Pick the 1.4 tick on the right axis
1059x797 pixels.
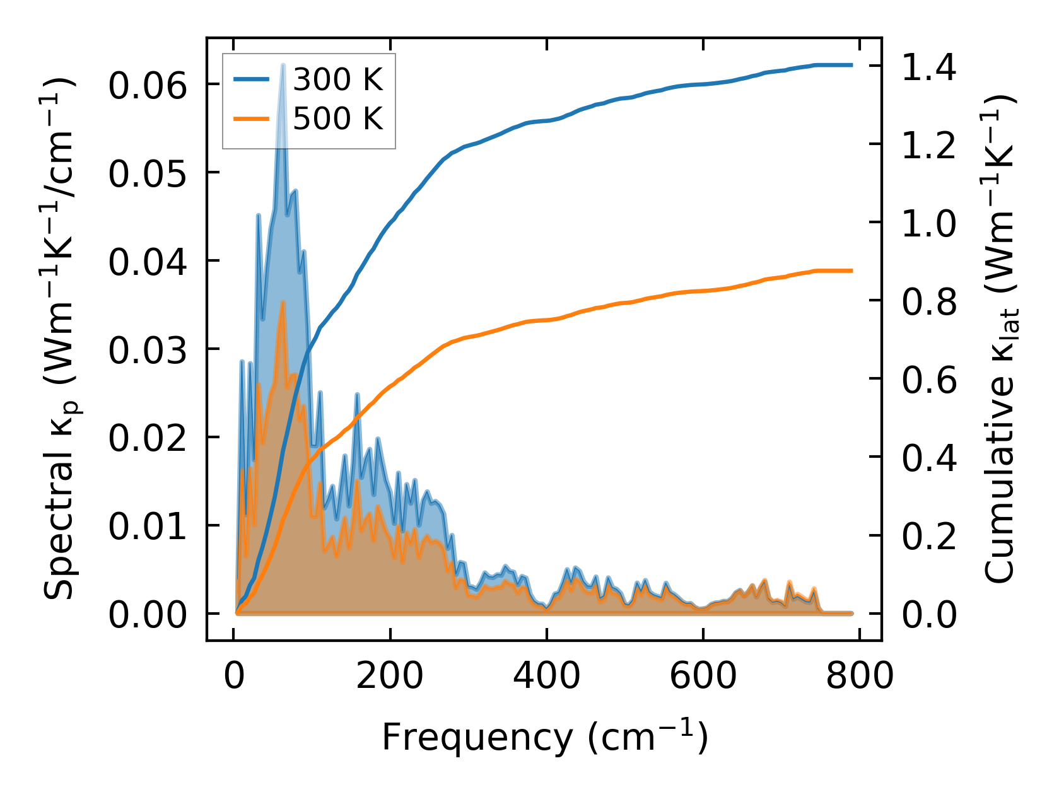(x=928, y=66)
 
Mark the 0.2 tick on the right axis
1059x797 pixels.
(x=928, y=536)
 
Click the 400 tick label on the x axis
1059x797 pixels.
(x=546, y=677)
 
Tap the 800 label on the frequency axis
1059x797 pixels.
(x=859, y=677)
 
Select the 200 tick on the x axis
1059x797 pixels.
(x=390, y=677)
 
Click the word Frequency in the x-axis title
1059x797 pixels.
(x=476, y=737)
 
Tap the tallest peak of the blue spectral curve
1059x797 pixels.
(x=283, y=64)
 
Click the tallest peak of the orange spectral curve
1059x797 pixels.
(x=283, y=302)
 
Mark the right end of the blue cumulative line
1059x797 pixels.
(x=851, y=65)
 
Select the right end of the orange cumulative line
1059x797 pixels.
(x=851, y=271)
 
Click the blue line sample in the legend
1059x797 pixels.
(x=252, y=79)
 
